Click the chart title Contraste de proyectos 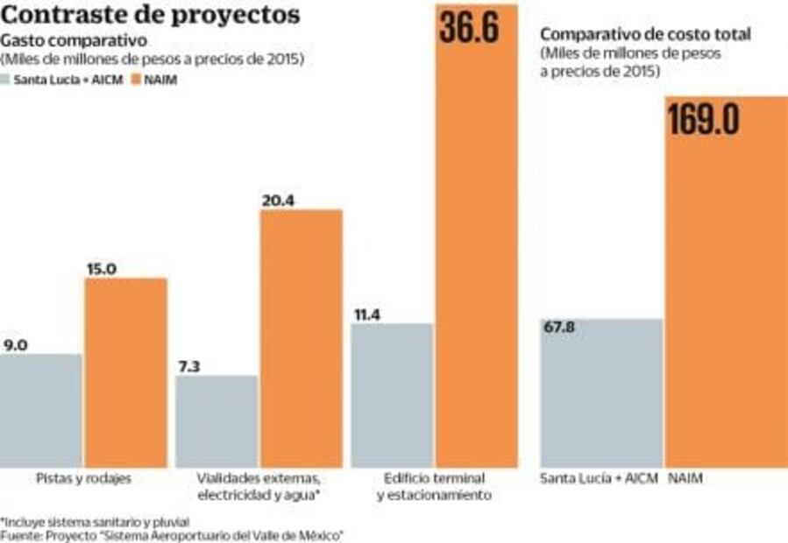pyautogui.click(x=151, y=15)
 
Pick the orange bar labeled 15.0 pyautogui.click(x=125, y=372)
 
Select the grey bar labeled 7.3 pyautogui.click(x=217, y=420)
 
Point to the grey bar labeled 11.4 pyautogui.click(x=392, y=394)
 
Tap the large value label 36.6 pyautogui.click(x=469, y=26)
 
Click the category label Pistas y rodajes pyautogui.click(x=84, y=479)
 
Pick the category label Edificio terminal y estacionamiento pyautogui.click(x=435, y=487)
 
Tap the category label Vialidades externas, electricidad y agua pyautogui.click(x=259, y=487)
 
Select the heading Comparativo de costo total pyautogui.click(x=645, y=34)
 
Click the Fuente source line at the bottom pyautogui.click(x=171, y=534)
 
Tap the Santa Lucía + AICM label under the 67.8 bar pyautogui.click(x=599, y=479)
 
